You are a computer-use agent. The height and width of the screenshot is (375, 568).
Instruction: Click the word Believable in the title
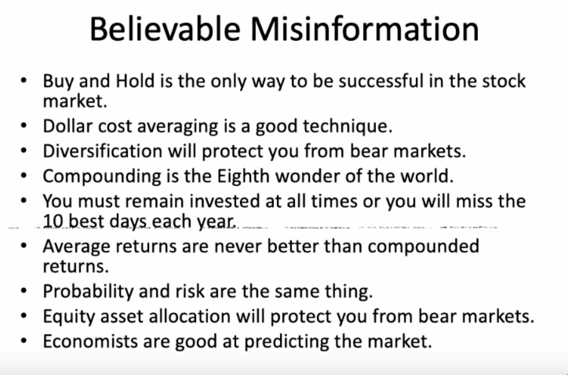165,29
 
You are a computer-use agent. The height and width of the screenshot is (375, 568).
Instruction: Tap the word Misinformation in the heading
365,29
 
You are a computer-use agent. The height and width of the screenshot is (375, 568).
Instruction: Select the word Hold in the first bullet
135,81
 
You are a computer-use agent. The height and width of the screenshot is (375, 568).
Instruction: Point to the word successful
380,81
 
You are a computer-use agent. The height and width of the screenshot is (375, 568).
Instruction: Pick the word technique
348,127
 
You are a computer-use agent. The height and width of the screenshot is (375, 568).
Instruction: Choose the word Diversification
103,151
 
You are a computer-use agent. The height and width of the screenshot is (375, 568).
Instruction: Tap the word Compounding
102,177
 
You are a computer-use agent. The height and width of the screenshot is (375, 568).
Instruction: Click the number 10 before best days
53,221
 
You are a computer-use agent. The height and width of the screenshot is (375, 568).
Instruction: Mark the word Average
77,246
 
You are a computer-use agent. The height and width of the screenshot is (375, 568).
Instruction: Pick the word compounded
423,246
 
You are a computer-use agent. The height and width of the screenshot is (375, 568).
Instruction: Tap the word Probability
88,292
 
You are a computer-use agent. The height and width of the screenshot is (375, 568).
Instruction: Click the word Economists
90,341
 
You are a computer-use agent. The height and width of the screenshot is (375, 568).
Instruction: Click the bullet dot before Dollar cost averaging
24,126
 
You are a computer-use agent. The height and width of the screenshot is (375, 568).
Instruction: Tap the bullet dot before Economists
24,341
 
